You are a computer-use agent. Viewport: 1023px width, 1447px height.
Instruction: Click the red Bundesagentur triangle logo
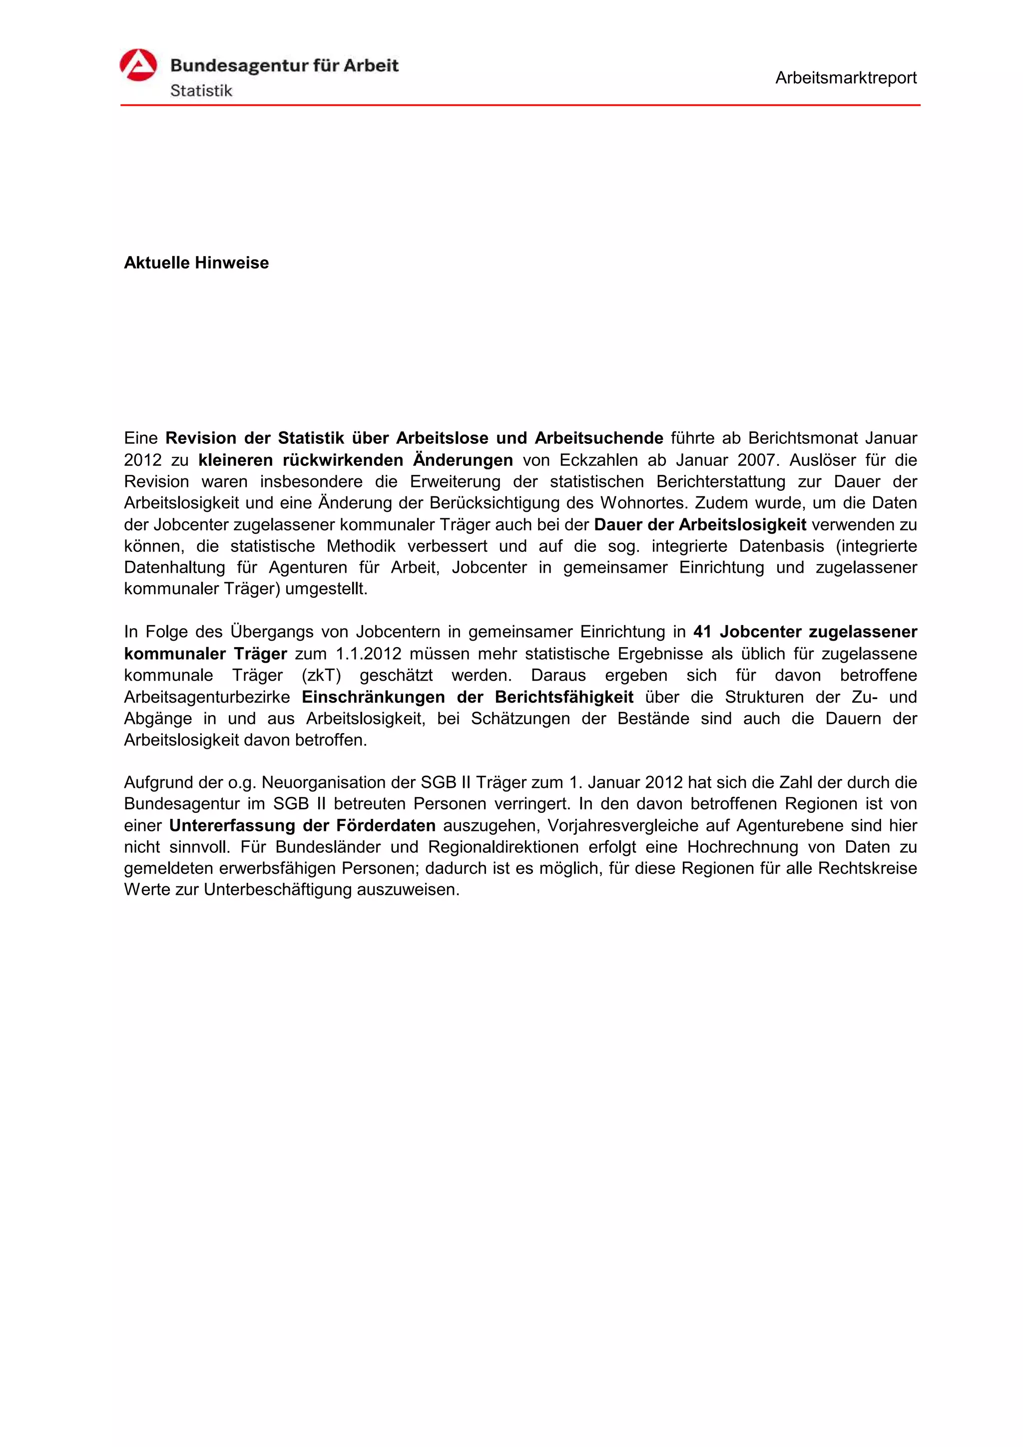point(138,65)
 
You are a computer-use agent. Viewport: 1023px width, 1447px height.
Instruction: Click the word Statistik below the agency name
point(201,91)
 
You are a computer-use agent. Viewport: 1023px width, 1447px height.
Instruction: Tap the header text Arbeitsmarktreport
point(845,78)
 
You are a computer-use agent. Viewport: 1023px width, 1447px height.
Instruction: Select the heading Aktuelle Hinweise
point(196,263)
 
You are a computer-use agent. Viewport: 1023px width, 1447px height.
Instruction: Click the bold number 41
point(702,632)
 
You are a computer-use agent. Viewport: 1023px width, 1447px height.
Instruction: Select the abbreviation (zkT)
point(322,676)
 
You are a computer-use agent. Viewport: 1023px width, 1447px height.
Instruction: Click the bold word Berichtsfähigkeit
point(564,697)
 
